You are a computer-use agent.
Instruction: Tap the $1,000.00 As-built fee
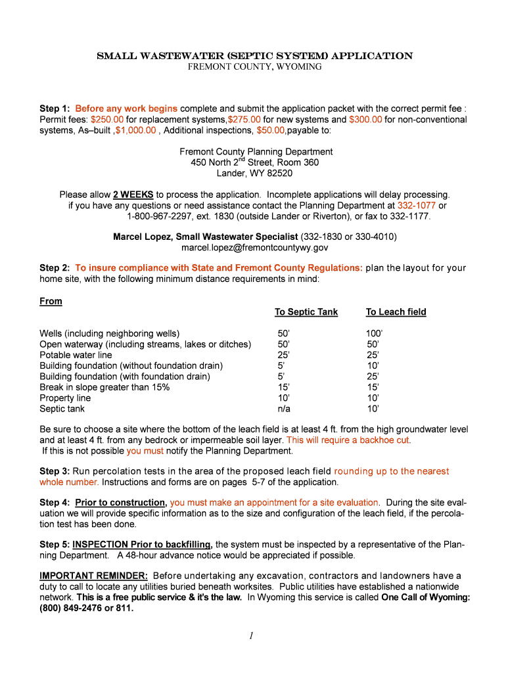tap(135, 130)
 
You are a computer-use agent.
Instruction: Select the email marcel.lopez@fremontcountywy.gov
tap(254, 248)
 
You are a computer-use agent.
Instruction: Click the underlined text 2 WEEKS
tap(133, 195)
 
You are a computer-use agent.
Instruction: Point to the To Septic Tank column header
tap(306, 312)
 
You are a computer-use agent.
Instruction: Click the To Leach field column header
tap(396, 312)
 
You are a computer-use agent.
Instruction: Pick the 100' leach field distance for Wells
tap(374, 334)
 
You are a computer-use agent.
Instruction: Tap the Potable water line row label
tap(76, 355)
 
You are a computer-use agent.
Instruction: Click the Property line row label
tap(65, 398)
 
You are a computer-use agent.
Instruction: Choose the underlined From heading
tap(51, 301)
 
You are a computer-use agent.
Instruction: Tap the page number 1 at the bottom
tap(252, 635)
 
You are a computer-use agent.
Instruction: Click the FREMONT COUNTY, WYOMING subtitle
tap(255, 67)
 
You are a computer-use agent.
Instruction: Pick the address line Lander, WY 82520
tap(254, 174)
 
